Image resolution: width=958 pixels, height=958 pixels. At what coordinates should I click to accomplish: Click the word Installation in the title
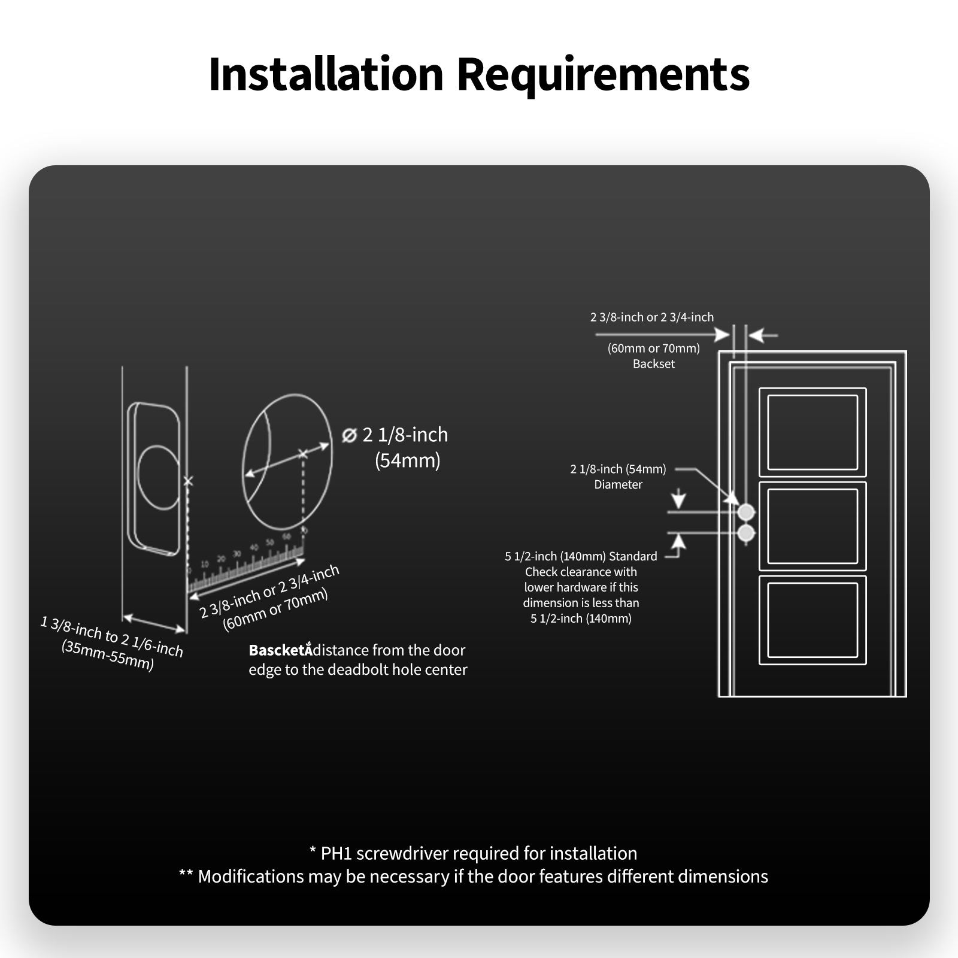tap(326, 74)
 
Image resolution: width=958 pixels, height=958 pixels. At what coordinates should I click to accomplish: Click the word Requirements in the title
tap(603, 74)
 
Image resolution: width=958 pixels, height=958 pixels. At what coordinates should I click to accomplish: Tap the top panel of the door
tap(813, 432)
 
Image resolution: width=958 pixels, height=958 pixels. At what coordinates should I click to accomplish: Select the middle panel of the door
tap(813, 526)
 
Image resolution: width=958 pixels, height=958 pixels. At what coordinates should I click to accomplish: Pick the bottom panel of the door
tap(813, 620)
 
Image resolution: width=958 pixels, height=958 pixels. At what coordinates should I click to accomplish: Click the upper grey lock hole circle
tap(746, 512)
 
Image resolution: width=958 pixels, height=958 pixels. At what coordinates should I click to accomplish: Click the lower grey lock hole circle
tap(746, 533)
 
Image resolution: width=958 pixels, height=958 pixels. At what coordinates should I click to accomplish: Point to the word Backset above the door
tap(654, 364)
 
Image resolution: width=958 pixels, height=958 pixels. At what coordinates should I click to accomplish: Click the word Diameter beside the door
tap(618, 484)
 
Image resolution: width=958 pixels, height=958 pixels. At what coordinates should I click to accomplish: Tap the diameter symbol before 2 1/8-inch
tap(349, 435)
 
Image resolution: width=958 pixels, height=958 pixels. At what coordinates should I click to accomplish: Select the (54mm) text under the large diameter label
tap(408, 460)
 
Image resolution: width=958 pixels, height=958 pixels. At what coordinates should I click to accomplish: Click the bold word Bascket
tap(278, 650)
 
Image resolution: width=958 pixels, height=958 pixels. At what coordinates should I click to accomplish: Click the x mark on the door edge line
tap(188, 481)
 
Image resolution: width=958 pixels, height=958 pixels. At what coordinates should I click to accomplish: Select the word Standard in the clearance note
tap(633, 556)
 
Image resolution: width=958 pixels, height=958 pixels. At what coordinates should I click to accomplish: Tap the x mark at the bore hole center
tap(303, 454)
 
